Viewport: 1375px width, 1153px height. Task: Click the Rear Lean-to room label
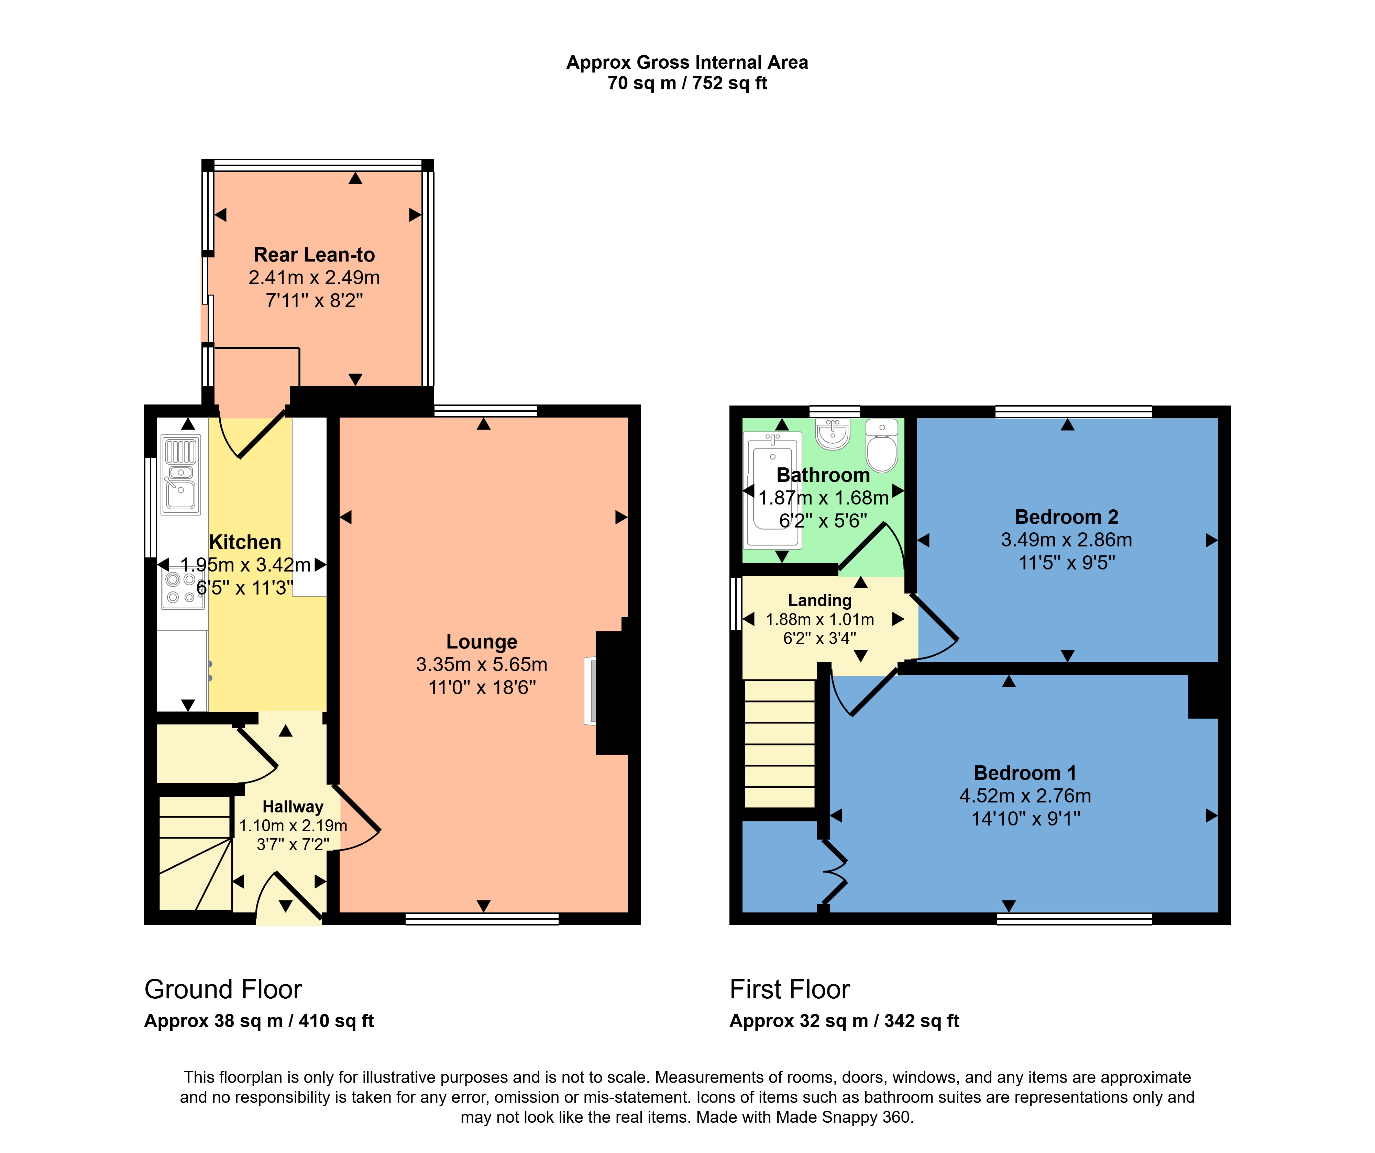coord(314,255)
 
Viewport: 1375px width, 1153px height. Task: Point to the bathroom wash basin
coord(833,434)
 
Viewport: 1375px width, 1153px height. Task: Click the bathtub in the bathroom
coord(773,491)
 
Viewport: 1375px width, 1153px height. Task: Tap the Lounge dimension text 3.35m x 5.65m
coord(482,665)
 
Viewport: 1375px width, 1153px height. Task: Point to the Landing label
coord(820,600)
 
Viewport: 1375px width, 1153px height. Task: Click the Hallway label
coord(293,807)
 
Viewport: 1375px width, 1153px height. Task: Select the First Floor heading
coord(790,989)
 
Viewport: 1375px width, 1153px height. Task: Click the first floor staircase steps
coord(779,743)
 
